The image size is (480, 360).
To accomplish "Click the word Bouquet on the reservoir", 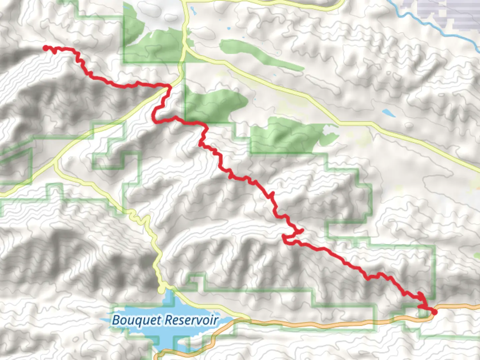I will (x=137, y=320).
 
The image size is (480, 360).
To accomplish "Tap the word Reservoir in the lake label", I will (x=192, y=320).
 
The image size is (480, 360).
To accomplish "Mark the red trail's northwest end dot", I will (x=46, y=48).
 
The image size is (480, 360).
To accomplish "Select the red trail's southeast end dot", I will (x=434, y=312).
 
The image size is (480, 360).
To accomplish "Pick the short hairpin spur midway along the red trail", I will (x=300, y=231).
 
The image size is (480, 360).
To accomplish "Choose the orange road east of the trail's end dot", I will (x=460, y=306).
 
